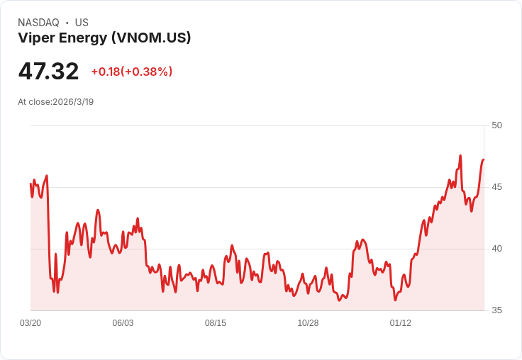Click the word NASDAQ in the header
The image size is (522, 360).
(38, 23)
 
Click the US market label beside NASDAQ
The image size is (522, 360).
(82, 23)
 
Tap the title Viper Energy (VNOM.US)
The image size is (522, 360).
(104, 38)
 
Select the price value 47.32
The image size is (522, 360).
(48, 71)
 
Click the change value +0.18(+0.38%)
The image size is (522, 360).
(132, 72)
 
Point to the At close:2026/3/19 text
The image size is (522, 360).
(55, 102)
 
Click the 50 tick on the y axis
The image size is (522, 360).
(496, 125)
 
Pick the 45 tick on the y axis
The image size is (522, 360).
(496, 187)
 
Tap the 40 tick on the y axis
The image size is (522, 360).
(496, 249)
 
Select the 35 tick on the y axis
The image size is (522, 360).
(496, 310)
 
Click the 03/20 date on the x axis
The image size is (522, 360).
(30, 323)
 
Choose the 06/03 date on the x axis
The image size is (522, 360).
(123, 323)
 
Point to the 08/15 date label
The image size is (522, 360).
(216, 323)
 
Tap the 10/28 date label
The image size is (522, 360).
(308, 323)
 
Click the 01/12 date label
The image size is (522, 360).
(401, 323)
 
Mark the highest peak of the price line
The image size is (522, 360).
(460, 155)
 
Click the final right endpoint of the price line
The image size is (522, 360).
(484, 159)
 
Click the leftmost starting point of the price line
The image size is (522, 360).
(30, 184)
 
